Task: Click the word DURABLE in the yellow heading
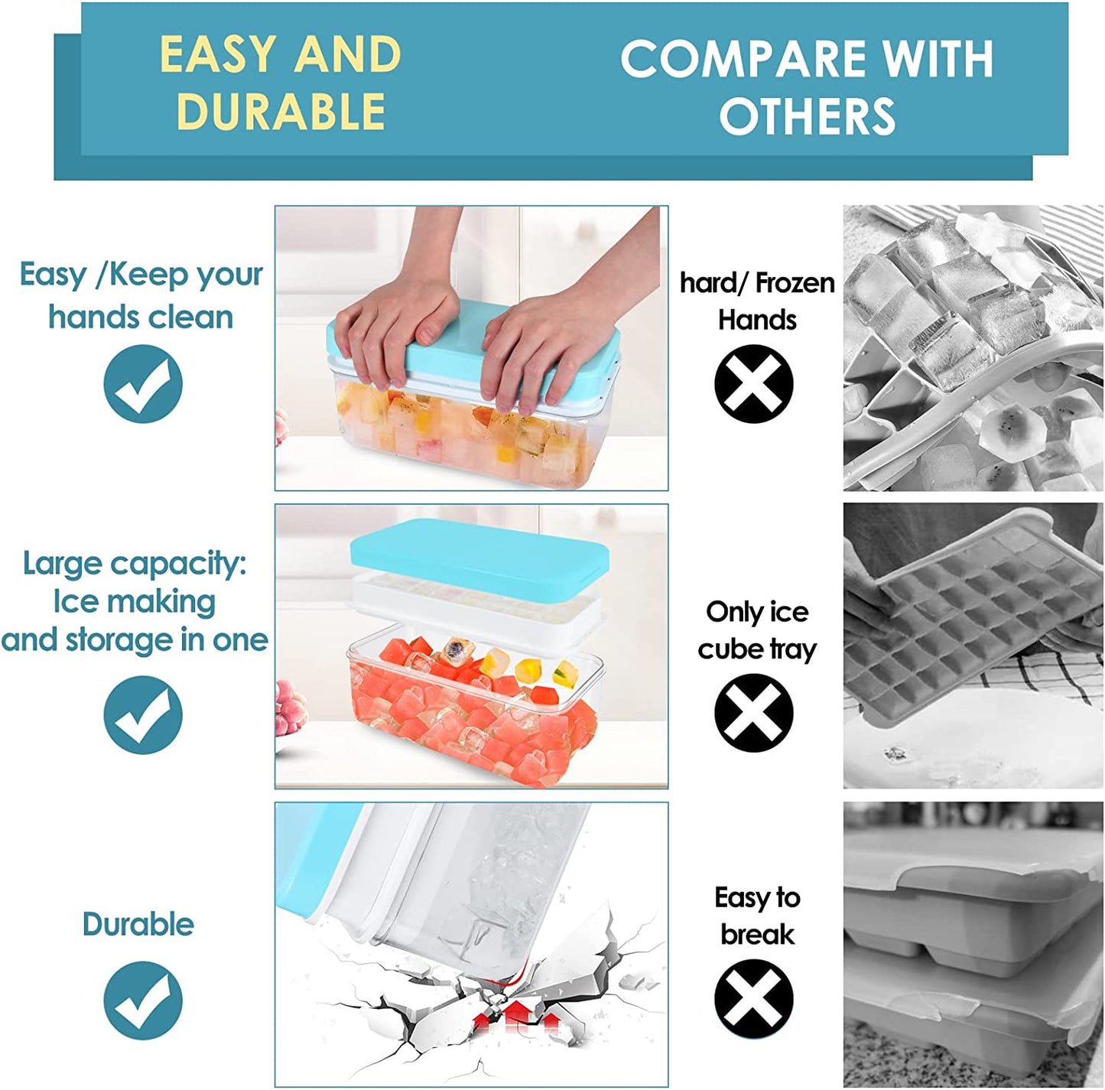point(280,112)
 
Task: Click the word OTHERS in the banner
point(807,117)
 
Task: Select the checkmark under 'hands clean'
point(143,384)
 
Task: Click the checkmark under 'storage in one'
point(143,715)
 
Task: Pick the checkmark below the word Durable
point(143,1001)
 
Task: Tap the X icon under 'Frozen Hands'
point(753,384)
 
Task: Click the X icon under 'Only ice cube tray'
point(753,713)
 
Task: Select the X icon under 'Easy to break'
point(753,998)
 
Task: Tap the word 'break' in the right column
point(757,935)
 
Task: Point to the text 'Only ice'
point(757,612)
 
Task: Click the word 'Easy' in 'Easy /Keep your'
point(52,274)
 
